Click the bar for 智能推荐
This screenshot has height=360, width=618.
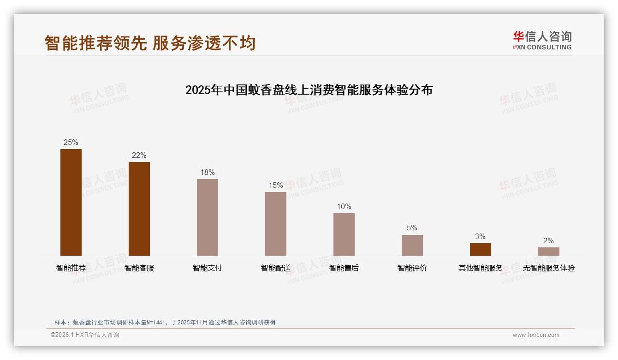[71, 202]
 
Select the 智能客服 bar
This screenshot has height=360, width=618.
[139, 209]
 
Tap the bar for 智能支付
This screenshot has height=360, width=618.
[208, 217]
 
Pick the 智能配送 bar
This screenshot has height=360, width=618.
[276, 224]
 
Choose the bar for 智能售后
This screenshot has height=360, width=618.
[344, 234]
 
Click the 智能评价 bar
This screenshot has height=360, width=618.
[412, 245]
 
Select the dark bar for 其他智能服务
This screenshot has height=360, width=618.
[481, 249]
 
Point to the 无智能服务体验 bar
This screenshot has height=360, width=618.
[548, 252]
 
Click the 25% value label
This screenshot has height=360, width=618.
[71, 143]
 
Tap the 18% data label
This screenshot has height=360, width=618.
[208, 173]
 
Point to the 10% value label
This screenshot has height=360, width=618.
[344, 207]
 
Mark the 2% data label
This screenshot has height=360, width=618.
[548, 241]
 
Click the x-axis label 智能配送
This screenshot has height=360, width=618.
[276, 268]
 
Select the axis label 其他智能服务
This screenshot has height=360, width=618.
[481, 268]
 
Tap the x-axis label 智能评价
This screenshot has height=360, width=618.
[412, 268]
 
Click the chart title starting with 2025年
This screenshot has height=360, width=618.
[309, 90]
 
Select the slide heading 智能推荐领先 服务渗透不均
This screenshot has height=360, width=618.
[150, 43]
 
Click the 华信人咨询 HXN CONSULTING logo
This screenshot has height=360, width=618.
[542, 41]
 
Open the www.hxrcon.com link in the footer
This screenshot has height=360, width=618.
[536, 335]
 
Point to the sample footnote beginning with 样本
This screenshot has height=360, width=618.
[165, 323]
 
